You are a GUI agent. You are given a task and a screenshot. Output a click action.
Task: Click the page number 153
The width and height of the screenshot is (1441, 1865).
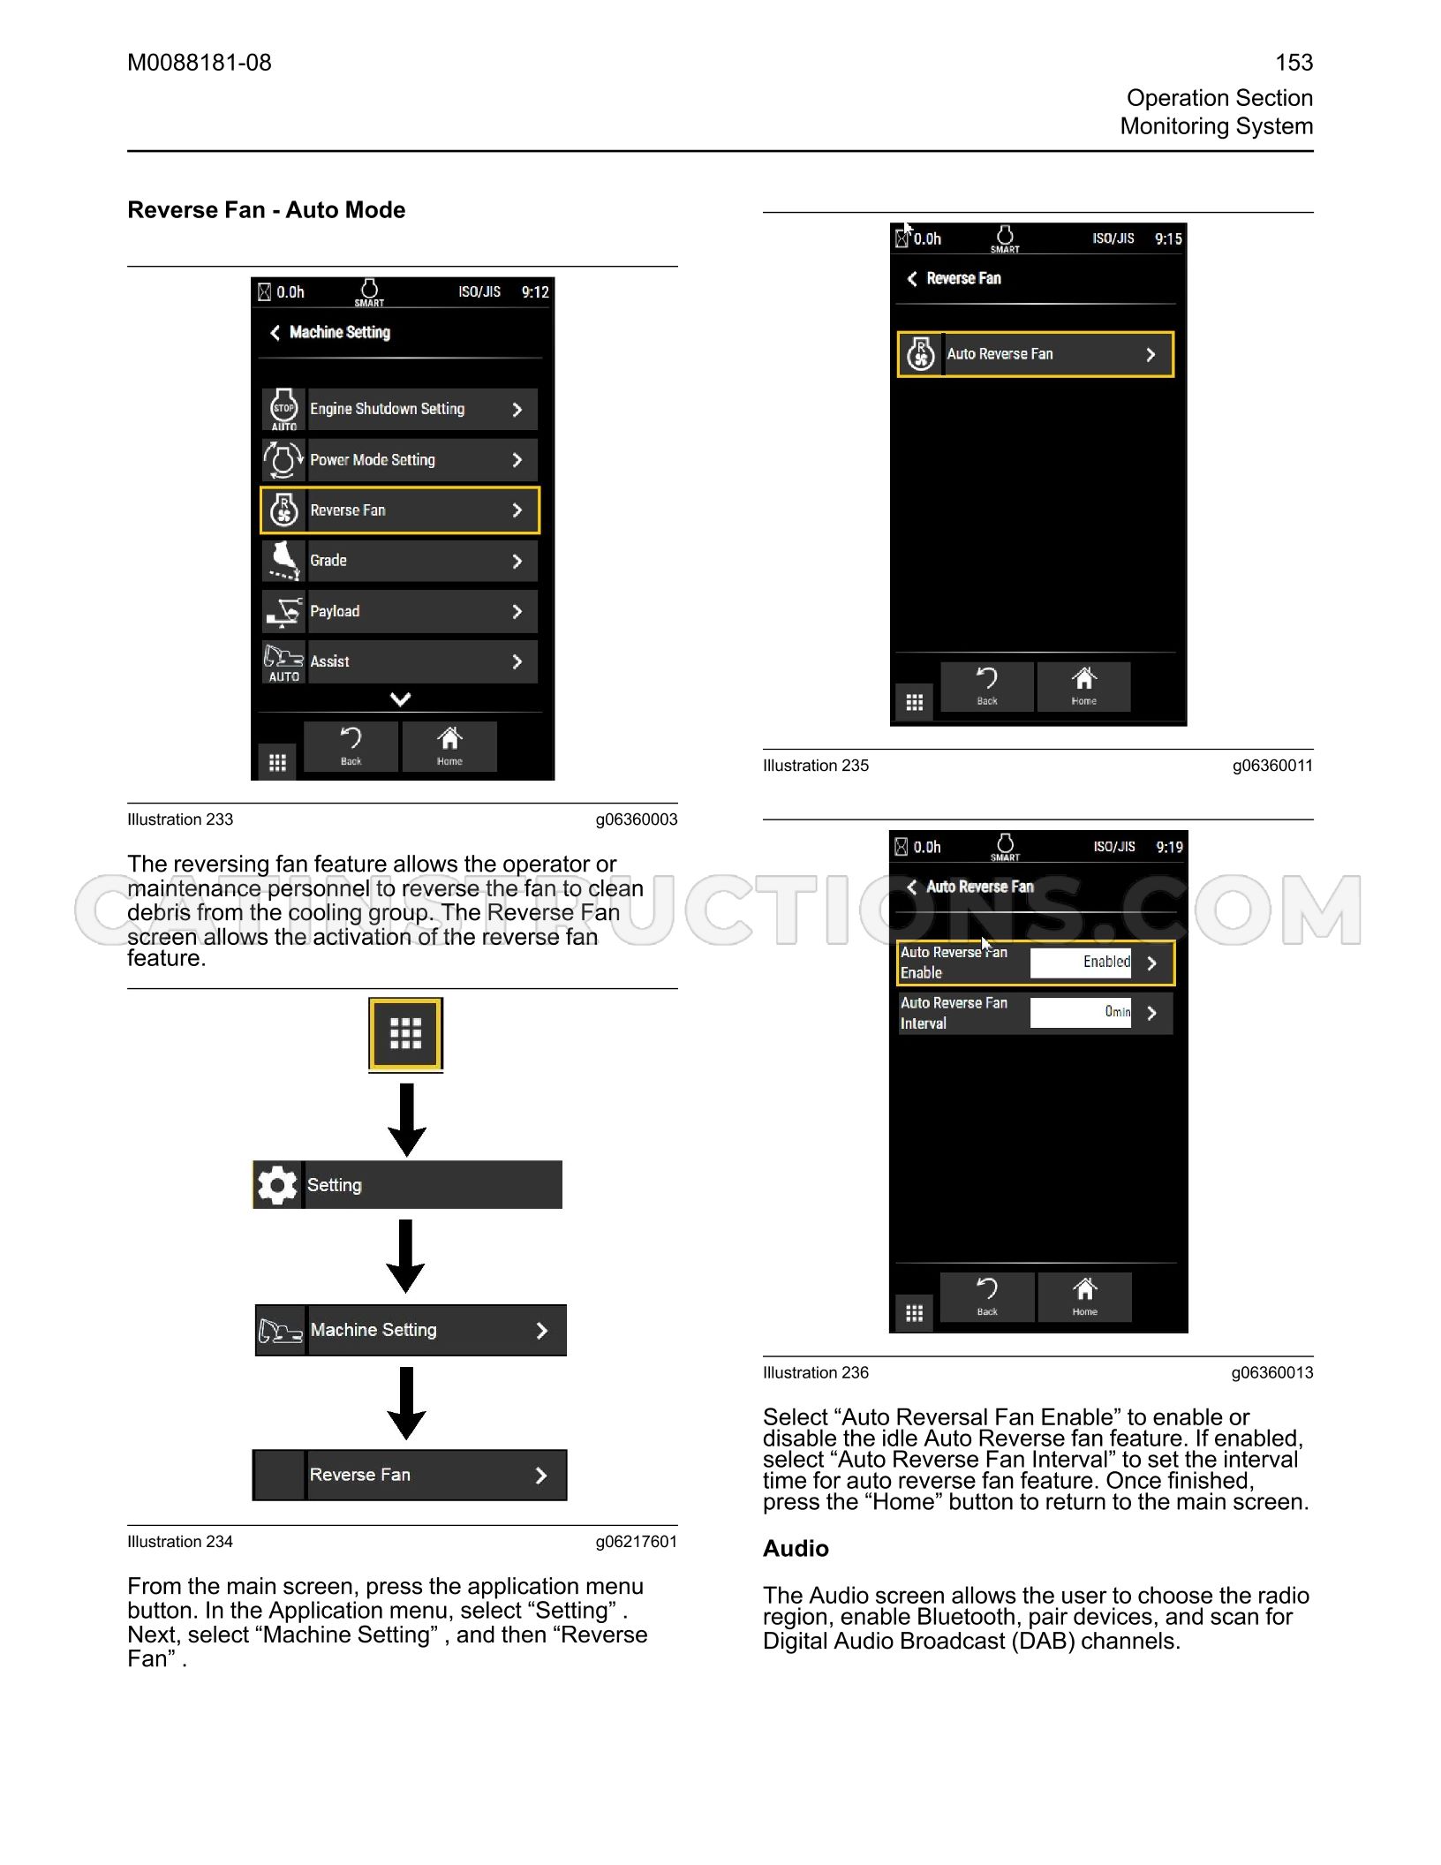pos(1294,63)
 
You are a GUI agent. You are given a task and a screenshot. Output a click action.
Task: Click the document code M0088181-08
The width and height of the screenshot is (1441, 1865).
pos(200,63)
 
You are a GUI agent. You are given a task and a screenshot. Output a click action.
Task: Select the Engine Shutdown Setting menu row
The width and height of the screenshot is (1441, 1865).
pos(399,409)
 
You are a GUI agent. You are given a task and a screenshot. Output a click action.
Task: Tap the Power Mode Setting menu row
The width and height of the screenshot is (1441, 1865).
pos(399,460)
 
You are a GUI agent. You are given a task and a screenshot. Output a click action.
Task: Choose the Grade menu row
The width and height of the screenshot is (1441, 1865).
pos(399,561)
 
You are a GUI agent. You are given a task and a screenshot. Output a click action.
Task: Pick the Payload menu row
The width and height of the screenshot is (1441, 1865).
pos(399,611)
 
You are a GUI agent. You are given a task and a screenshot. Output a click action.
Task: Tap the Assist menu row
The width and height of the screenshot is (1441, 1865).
pos(399,661)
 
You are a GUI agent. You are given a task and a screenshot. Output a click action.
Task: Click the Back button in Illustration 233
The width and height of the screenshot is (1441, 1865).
pos(351,746)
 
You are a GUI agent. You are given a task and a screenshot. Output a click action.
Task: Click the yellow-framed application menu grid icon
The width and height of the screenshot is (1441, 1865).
pos(405,1033)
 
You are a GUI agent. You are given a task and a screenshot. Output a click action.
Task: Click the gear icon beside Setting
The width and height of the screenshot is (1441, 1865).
pos(277,1185)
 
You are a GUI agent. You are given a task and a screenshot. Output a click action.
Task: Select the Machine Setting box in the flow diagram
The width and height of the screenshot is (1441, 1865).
pos(411,1330)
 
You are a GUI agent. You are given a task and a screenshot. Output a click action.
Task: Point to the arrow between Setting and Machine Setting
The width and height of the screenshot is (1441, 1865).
pos(406,1256)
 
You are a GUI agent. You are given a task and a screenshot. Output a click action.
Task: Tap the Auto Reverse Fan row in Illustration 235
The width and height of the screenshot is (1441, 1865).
pos(1036,354)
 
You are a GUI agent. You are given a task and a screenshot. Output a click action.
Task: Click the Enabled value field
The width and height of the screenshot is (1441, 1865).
pos(1081,963)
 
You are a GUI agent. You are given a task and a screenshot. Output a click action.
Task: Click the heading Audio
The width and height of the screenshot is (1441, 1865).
pos(796,1548)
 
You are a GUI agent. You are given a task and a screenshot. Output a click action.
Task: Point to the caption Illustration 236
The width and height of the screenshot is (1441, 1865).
pos(816,1372)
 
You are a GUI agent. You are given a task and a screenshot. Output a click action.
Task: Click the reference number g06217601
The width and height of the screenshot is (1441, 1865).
pos(636,1542)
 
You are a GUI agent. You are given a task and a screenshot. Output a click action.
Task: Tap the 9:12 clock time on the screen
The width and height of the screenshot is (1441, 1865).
pos(535,292)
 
